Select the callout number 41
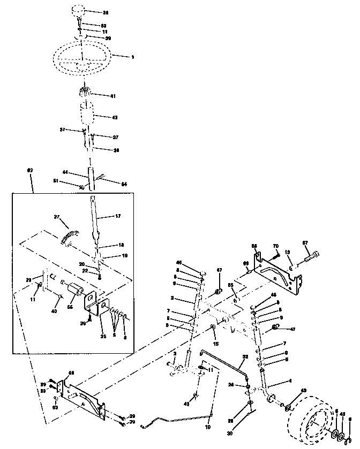coord(113,96)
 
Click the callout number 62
coord(30,170)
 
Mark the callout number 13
coord(288,252)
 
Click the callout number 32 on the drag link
coord(245,356)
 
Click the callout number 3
coord(174,355)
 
